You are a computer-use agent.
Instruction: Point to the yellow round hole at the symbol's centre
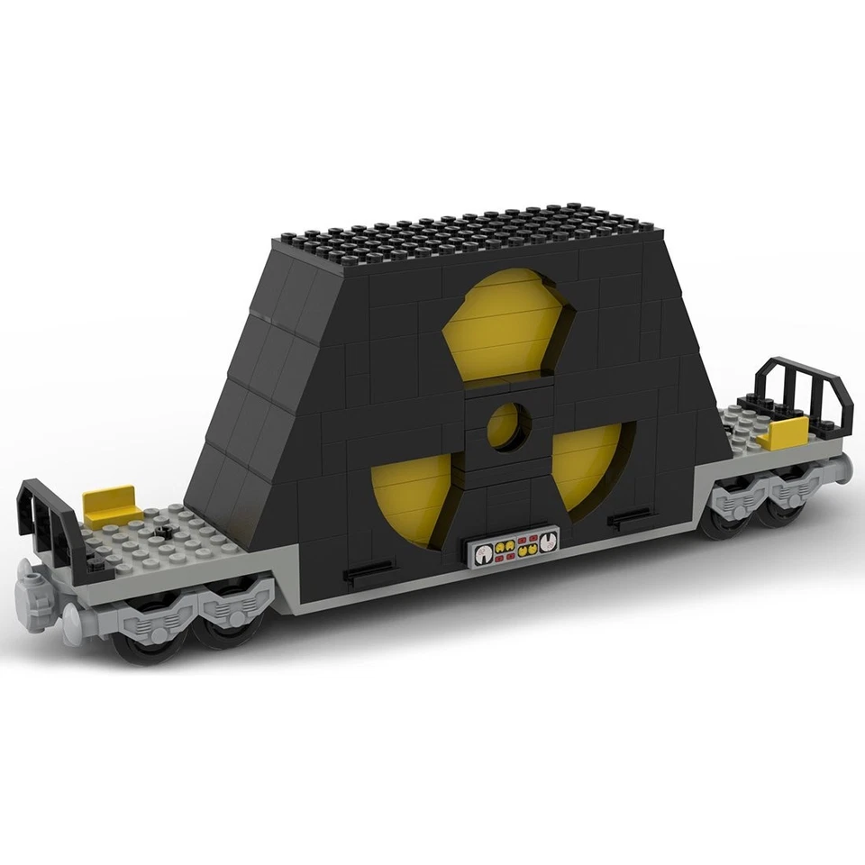(505, 425)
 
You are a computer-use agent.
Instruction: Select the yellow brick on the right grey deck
(780, 434)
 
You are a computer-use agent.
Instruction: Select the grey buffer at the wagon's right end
(843, 467)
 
